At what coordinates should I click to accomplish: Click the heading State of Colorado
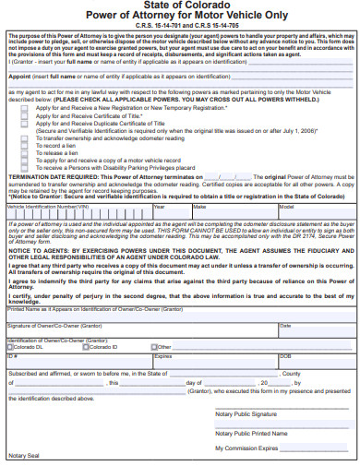point(180,6)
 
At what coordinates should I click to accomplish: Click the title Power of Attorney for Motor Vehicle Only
point(180,16)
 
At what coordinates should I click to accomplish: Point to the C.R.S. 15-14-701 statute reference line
point(180,25)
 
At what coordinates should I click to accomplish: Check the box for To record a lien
point(25,146)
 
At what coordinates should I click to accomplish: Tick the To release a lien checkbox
point(25,152)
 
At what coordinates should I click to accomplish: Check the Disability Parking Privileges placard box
point(25,167)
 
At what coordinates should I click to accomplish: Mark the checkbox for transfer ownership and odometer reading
point(25,138)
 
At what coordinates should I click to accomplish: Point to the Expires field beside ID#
point(163,355)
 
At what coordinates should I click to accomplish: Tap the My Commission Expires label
point(246,447)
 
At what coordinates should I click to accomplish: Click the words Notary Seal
point(22,456)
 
